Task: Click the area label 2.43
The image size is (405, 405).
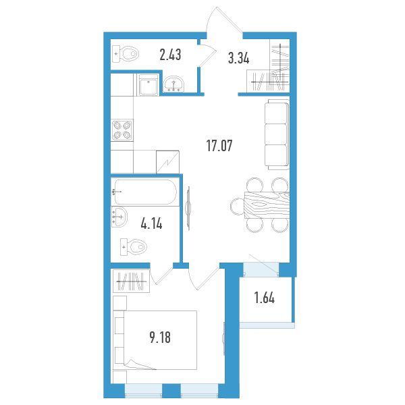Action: pos(170,55)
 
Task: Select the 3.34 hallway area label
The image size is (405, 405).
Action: pos(239,58)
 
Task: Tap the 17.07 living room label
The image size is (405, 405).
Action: pos(219,146)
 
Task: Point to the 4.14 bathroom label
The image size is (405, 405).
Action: pos(152,223)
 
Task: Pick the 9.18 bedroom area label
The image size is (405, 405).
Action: pos(160,337)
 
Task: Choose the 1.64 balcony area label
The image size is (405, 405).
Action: pos(265,298)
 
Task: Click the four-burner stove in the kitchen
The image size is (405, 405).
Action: pos(122,130)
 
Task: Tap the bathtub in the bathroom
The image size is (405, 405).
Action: pos(145,192)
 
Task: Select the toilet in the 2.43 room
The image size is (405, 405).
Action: pos(126,54)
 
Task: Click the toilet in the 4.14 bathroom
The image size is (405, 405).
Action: pos(134,247)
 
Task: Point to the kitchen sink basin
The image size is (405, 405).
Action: pos(148,85)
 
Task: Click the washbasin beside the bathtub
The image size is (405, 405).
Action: pos(119,217)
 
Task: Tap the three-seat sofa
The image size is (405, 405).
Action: pos(277,134)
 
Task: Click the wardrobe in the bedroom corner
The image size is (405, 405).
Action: pos(132,281)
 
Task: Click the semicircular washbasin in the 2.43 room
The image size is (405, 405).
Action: pos(173,84)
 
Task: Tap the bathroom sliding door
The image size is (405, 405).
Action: pos(188,208)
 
